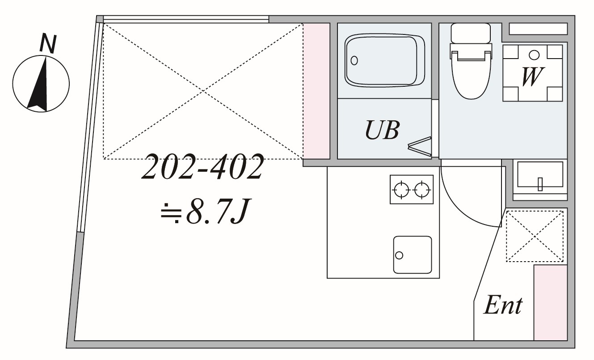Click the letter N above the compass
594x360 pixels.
click(x=48, y=44)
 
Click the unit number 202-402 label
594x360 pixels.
click(x=203, y=167)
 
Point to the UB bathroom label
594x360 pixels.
click(x=383, y=130)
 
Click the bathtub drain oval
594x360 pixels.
click(x=354, y=60)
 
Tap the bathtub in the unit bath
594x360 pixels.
click(x=385, y=60)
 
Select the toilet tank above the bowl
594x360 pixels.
click(x=471, y=33)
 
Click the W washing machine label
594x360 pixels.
click(x=532, y=76)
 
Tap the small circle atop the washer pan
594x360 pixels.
click(x=534, y=55)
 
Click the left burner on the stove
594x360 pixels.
click(x=401, y=190)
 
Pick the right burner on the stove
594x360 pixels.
click(x=422, y=190)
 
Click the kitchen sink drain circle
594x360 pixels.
click(x=399, y=255)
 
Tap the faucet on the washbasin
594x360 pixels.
click(x=540, y=184)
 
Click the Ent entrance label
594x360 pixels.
click(x=503, y=305)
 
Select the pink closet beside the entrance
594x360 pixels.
click(x=551, y=302)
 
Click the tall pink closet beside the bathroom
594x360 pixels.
click(x=316, y=91)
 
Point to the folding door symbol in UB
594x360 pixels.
click(x=420, y=146)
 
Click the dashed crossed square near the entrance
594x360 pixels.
click(x=535, y=236)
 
